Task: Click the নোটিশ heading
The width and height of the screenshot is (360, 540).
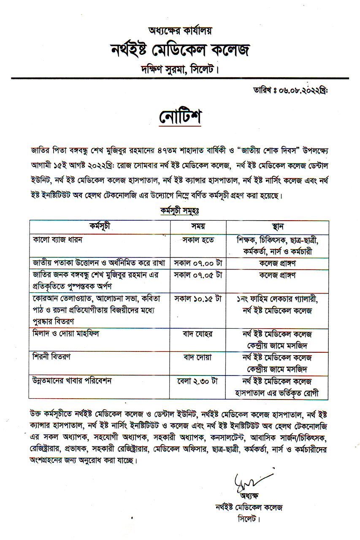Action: tap(180, 117)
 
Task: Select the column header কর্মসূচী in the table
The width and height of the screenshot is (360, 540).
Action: tap(100, 226)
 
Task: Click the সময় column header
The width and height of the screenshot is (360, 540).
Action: tap(198, 226)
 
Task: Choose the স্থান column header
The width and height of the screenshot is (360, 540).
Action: tap(277, 226)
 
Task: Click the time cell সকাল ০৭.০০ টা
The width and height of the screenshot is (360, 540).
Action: tap(198, 262)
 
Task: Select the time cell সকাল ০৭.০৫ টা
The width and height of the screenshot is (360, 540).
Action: tap(198, 275)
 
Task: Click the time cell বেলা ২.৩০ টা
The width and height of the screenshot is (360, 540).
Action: tap(197, 381)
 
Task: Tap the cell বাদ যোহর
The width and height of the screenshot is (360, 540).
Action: tap(198, 334)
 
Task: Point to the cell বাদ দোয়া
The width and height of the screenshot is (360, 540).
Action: tap(198, 357)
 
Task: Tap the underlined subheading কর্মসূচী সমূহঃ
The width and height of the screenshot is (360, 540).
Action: tap(179, 210)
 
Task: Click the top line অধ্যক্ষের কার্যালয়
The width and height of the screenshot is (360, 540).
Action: tap(180, 30)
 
